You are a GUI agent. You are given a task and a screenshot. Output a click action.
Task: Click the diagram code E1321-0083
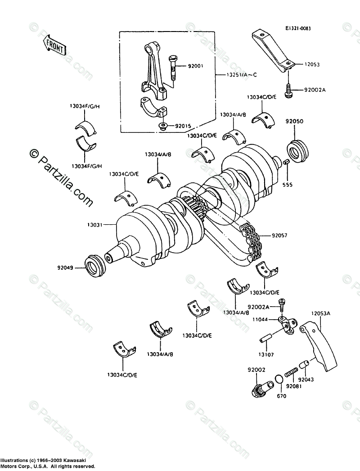coord(297,28)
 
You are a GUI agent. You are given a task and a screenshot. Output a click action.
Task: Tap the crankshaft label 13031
coord(96,222)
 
